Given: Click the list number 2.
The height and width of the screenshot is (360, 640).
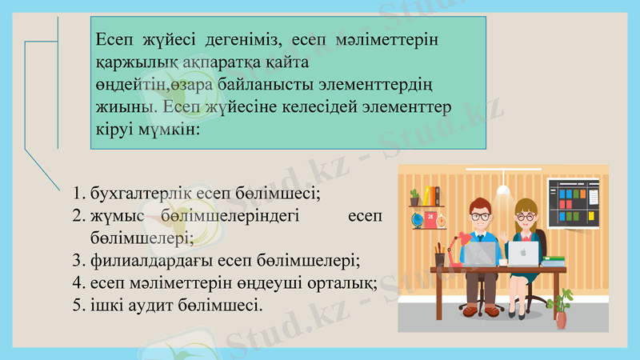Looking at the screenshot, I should (x=77, y=216).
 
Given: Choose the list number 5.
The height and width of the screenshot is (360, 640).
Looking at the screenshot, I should (x=77, y=306).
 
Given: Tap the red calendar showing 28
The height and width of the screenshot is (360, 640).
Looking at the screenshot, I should (x=431, y=217).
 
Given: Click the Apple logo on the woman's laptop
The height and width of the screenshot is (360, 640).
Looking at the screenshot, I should (x=524, y=254).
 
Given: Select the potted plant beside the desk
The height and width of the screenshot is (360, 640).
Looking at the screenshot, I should (x=563, y=309).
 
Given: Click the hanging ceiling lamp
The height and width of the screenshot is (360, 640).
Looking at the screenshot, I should (x=503, y=191).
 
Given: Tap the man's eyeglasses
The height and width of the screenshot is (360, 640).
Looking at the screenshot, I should (x=480, y=216).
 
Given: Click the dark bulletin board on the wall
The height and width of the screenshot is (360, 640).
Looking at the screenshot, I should (x=574, y=202).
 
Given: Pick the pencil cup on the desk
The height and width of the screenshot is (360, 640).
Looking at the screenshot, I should (x=439, y=258).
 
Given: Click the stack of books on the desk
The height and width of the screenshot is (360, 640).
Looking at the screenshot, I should (x=554, y=260).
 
